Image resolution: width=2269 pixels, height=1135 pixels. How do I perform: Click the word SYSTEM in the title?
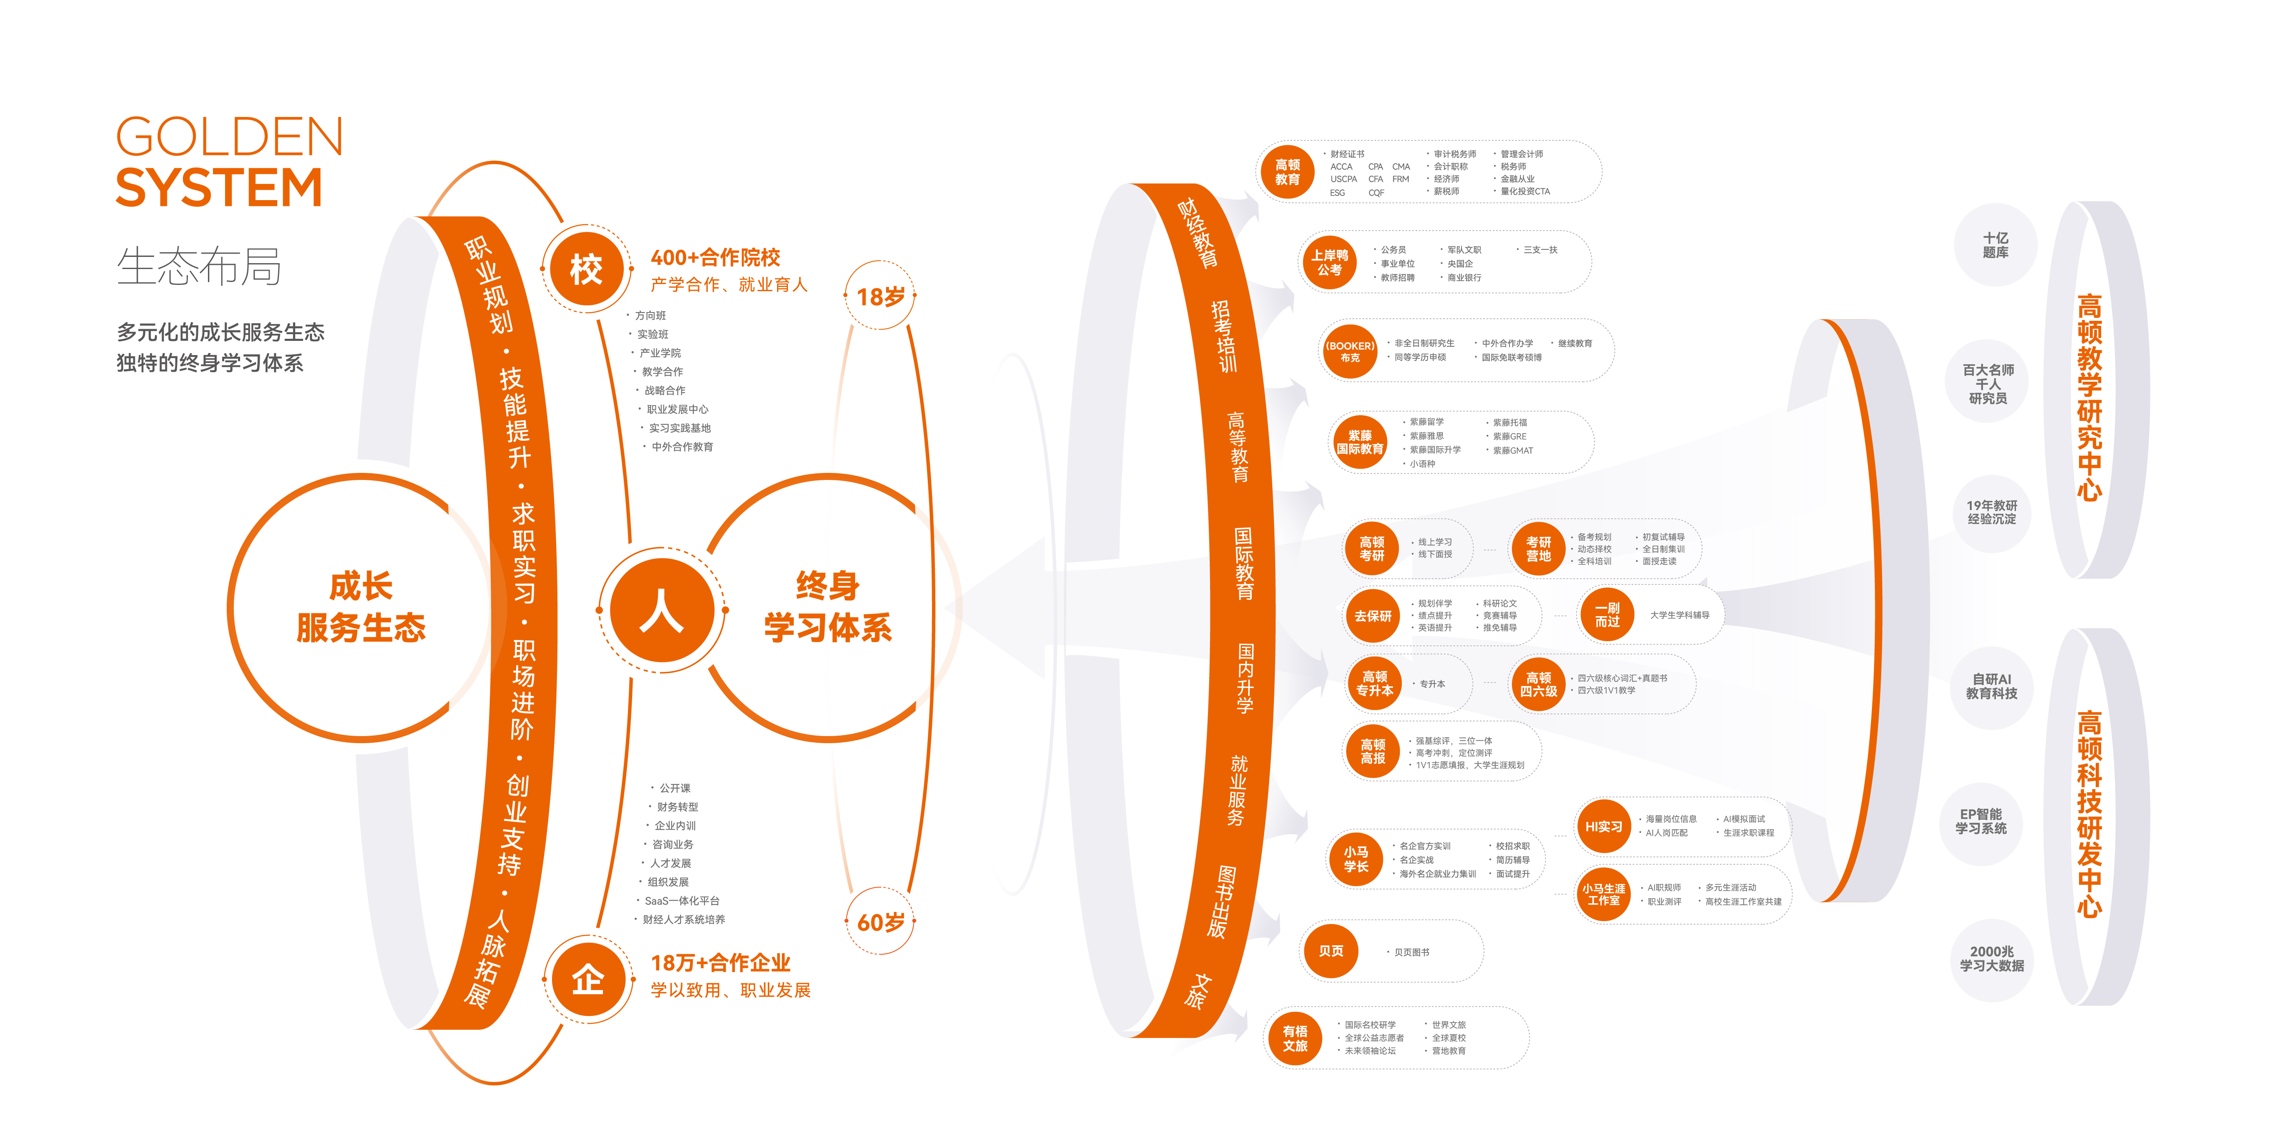218,188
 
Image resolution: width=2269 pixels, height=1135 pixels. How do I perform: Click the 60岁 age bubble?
880,922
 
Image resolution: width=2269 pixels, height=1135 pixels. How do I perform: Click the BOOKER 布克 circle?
1350,351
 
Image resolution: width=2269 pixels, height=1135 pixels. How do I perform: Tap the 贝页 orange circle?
1331,951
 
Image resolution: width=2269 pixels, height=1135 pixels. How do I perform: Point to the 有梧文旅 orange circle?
1295,1038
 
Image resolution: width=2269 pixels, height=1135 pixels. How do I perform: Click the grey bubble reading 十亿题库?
1995,245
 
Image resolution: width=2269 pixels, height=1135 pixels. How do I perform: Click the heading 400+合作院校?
715,257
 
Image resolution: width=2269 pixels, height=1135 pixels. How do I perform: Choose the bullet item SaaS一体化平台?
682,901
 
